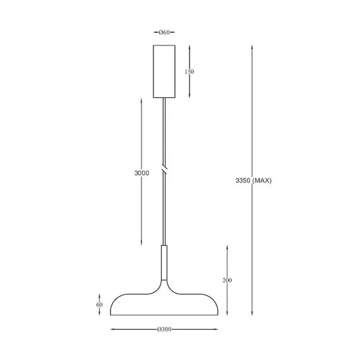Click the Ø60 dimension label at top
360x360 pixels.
tap(164, 32)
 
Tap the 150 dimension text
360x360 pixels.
tap(189, 71)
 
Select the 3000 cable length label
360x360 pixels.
tap(142, 172)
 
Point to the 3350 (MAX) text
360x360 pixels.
tap(253, 181)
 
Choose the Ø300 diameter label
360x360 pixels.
tap(164, 329)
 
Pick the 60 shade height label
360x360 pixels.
tap(99, 304)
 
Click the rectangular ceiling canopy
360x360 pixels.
tap(164, 71)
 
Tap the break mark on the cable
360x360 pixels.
tap(164, 171)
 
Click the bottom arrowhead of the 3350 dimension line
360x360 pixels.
tap(253, 314)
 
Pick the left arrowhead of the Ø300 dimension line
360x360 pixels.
tap(112, 329)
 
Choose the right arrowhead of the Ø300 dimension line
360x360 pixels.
tap(217, 329)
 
